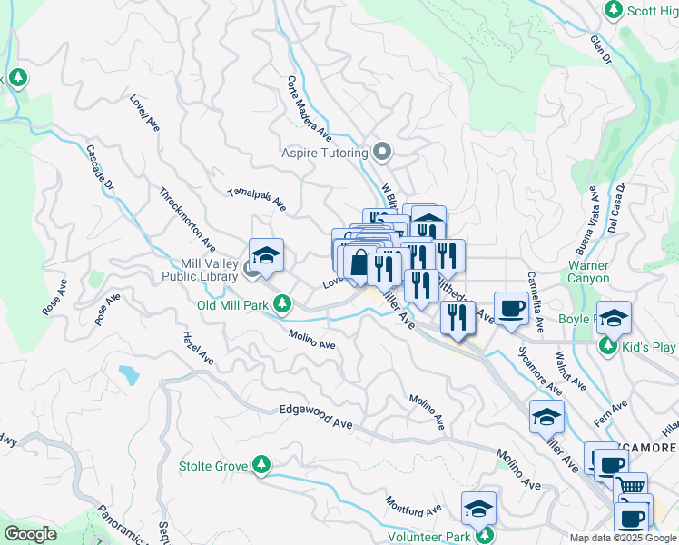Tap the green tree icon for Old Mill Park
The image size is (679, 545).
283,302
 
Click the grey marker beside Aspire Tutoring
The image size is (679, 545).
383,152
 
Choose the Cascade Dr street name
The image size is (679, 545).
101,168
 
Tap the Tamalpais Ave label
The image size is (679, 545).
257,201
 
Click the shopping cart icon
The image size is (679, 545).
632,487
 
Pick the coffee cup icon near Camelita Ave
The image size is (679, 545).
511,307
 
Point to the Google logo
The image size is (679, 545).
30,534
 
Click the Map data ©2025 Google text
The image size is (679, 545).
623,537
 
